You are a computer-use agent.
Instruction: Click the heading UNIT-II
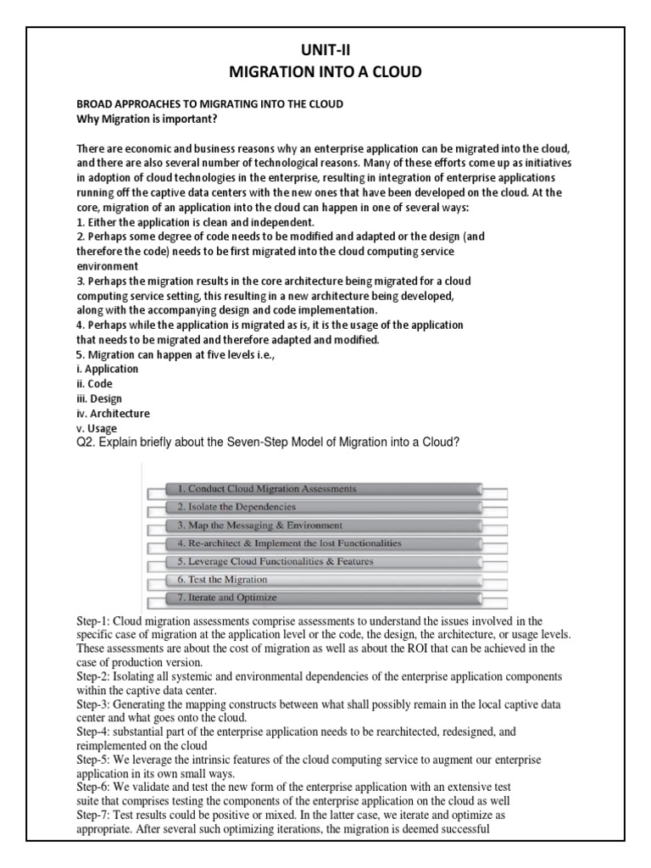(x=325, y=51)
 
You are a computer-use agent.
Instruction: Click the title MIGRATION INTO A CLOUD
(x=325, y=72)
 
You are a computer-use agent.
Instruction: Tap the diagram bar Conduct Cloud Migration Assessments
(x=323, y=489)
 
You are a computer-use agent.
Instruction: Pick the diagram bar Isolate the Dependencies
(x=323, y=507)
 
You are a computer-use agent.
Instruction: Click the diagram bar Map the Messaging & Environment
(x=323, y=526)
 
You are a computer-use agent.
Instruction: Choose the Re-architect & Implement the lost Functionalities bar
(x=323, y=543)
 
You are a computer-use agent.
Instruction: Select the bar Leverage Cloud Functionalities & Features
(x=323, y=561)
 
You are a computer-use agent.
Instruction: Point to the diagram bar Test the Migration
(x=323, y=580)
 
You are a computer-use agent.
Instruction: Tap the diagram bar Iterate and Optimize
(x=323, y=598)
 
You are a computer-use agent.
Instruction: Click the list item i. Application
(x=108, y=370)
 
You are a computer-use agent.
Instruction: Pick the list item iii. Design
(x=99, y=398)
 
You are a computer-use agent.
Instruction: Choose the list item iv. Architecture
(x=113, y=414)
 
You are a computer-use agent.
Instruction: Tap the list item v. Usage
(x=97, y=428)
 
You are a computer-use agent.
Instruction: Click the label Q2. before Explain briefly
(x=86, y=443)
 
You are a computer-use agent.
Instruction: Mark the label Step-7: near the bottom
(x=95, y=812)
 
